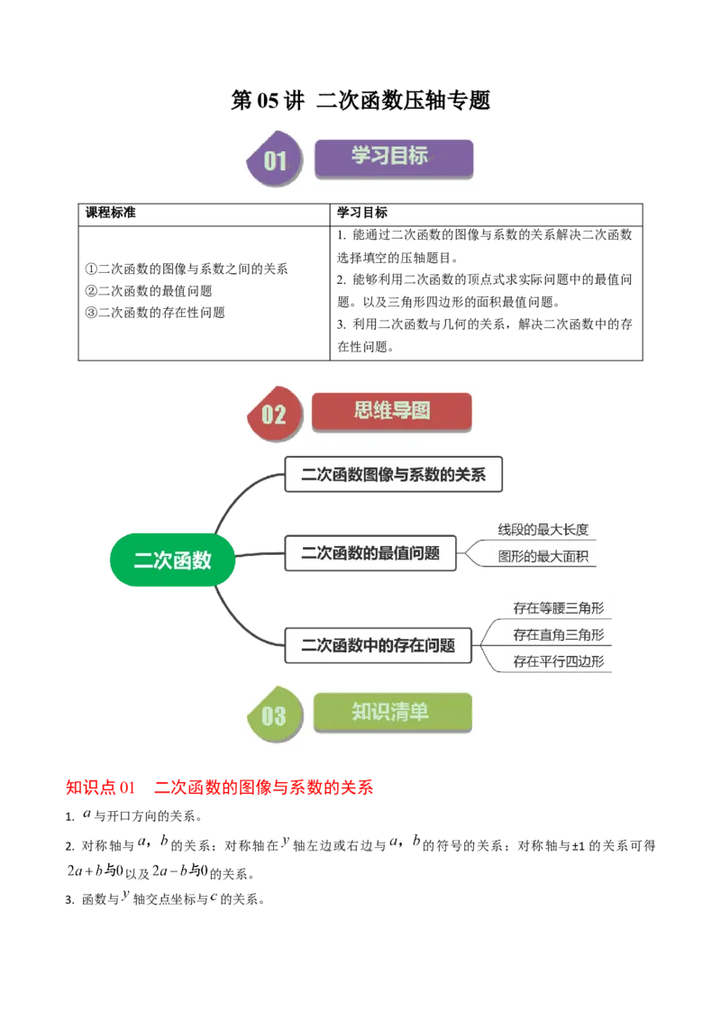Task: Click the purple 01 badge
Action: coord(274,161)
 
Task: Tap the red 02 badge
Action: coord(273,414)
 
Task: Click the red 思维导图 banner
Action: coord(391,412)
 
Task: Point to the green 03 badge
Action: coord(273,715)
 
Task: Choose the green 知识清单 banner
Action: coord(392,712)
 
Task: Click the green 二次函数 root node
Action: coord(172,560)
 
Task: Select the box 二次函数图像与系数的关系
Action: coord(393,475)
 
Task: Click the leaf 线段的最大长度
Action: coord(543,530)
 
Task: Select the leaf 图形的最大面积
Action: coord(543,557)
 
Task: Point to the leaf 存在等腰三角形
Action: coord(558,608)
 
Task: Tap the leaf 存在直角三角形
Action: coord(558,635)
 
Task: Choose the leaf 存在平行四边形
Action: coord(558,661)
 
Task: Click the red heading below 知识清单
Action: coord(220,788)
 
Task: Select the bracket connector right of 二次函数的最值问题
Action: coord(476,552)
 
